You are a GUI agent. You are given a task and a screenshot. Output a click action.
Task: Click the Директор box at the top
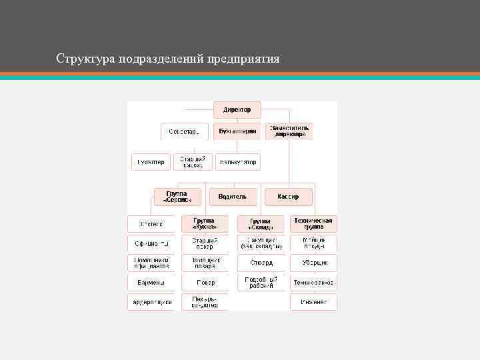[x=237, y=109]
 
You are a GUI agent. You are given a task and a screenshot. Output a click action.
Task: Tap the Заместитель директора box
[x=289, y=131]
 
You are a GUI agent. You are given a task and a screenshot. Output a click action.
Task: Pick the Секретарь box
[x=184, y=131]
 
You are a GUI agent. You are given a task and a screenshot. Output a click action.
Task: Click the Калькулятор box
[x=237, y=162]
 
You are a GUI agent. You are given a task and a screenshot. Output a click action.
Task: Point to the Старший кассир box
[x=193, y=162]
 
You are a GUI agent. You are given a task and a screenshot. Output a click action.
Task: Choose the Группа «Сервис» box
[x=177, y=197]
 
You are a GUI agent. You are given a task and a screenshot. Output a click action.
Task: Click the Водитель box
[x=233, y=197]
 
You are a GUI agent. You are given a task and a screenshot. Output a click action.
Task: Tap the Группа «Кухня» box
[x=205, y=223]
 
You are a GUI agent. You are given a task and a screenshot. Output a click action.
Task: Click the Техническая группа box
[x=313, y=223]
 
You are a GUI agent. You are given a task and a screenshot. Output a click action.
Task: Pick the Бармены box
[x=151, y=282]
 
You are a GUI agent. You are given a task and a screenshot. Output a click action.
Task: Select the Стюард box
[x=261, y=263]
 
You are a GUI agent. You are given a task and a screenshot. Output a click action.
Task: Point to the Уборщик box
[x=314, y=263]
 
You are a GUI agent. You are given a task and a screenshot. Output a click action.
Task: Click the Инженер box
[x=314, y=302]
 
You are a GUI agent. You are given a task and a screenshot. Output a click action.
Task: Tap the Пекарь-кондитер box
[x=205, y=302]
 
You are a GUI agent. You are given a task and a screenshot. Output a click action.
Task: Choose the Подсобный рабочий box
[x=261, y=282]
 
